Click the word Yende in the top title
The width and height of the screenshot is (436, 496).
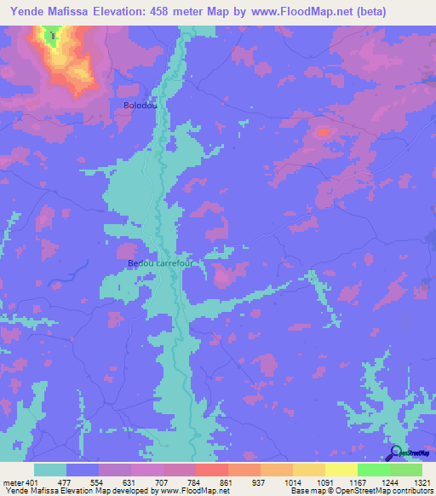(27, 12)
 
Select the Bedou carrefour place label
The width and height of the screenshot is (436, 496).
(161, 263)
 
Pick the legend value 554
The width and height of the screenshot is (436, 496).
(99, 482)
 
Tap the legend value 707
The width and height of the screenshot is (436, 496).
(163, 482)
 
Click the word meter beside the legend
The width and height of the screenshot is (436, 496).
(13, 482)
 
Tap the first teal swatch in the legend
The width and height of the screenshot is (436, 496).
(50, 470)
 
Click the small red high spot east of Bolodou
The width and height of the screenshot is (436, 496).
(323, 132)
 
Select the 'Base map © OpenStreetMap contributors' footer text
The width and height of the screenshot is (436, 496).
(359, 491)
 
